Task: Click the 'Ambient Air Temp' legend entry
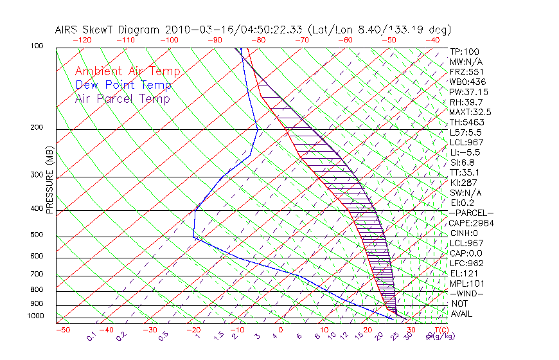[x=127, y=72]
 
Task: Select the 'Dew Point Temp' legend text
[x=123, y=85]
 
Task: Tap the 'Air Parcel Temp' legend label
[x=122, y=99]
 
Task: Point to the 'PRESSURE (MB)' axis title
[x=49, y=181]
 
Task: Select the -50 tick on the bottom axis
[x=62, y=330]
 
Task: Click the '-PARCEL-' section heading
[x=471, y=213]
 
